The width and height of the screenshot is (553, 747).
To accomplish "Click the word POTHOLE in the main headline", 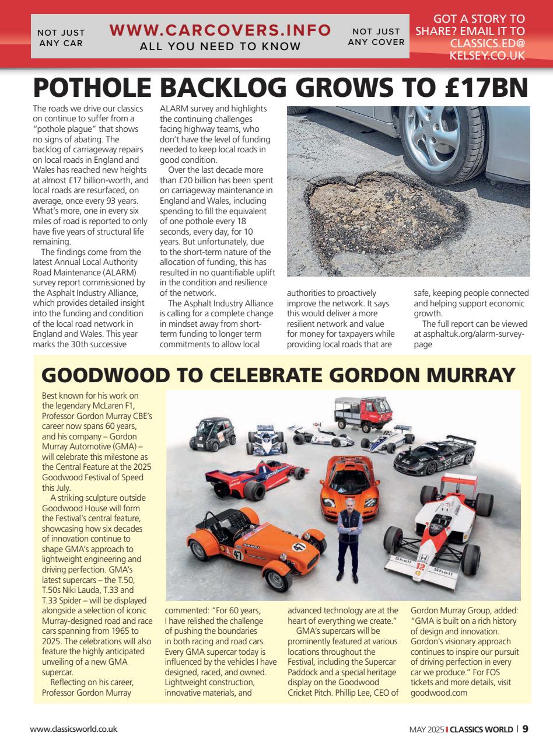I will [93, 88].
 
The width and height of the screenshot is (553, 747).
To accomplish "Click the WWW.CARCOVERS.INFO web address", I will [220, 30].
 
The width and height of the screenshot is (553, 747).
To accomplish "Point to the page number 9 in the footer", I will [526, 729].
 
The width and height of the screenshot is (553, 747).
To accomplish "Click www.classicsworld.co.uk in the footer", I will [74, 729].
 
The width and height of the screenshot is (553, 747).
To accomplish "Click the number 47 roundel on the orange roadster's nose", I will [299, 548].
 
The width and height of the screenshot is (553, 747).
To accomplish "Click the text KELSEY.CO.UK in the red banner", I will [487, 55].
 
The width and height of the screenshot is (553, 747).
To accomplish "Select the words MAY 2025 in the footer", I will [426, 729].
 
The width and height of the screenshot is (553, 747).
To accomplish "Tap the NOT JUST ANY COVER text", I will [376, 37].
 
